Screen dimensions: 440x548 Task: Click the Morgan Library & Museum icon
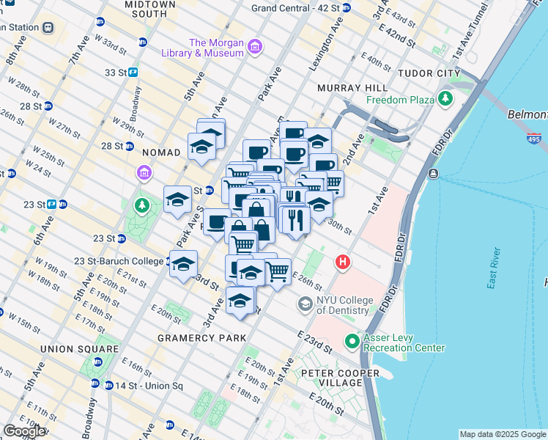click(x=254, y=48)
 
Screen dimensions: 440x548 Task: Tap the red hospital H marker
click(x=342, y=262)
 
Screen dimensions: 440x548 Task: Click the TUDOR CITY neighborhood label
click(x=429, y=73)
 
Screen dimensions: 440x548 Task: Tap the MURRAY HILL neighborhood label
click(x=347, y=88)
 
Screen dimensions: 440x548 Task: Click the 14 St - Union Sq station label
click(x=142, y=386)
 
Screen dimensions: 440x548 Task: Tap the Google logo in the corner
click(x=24, y=431)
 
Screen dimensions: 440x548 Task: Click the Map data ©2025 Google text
click(x=502, y=434)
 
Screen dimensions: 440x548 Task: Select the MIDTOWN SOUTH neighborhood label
click(x=150, y=9)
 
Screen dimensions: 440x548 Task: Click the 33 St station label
click(x=116, y=73)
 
